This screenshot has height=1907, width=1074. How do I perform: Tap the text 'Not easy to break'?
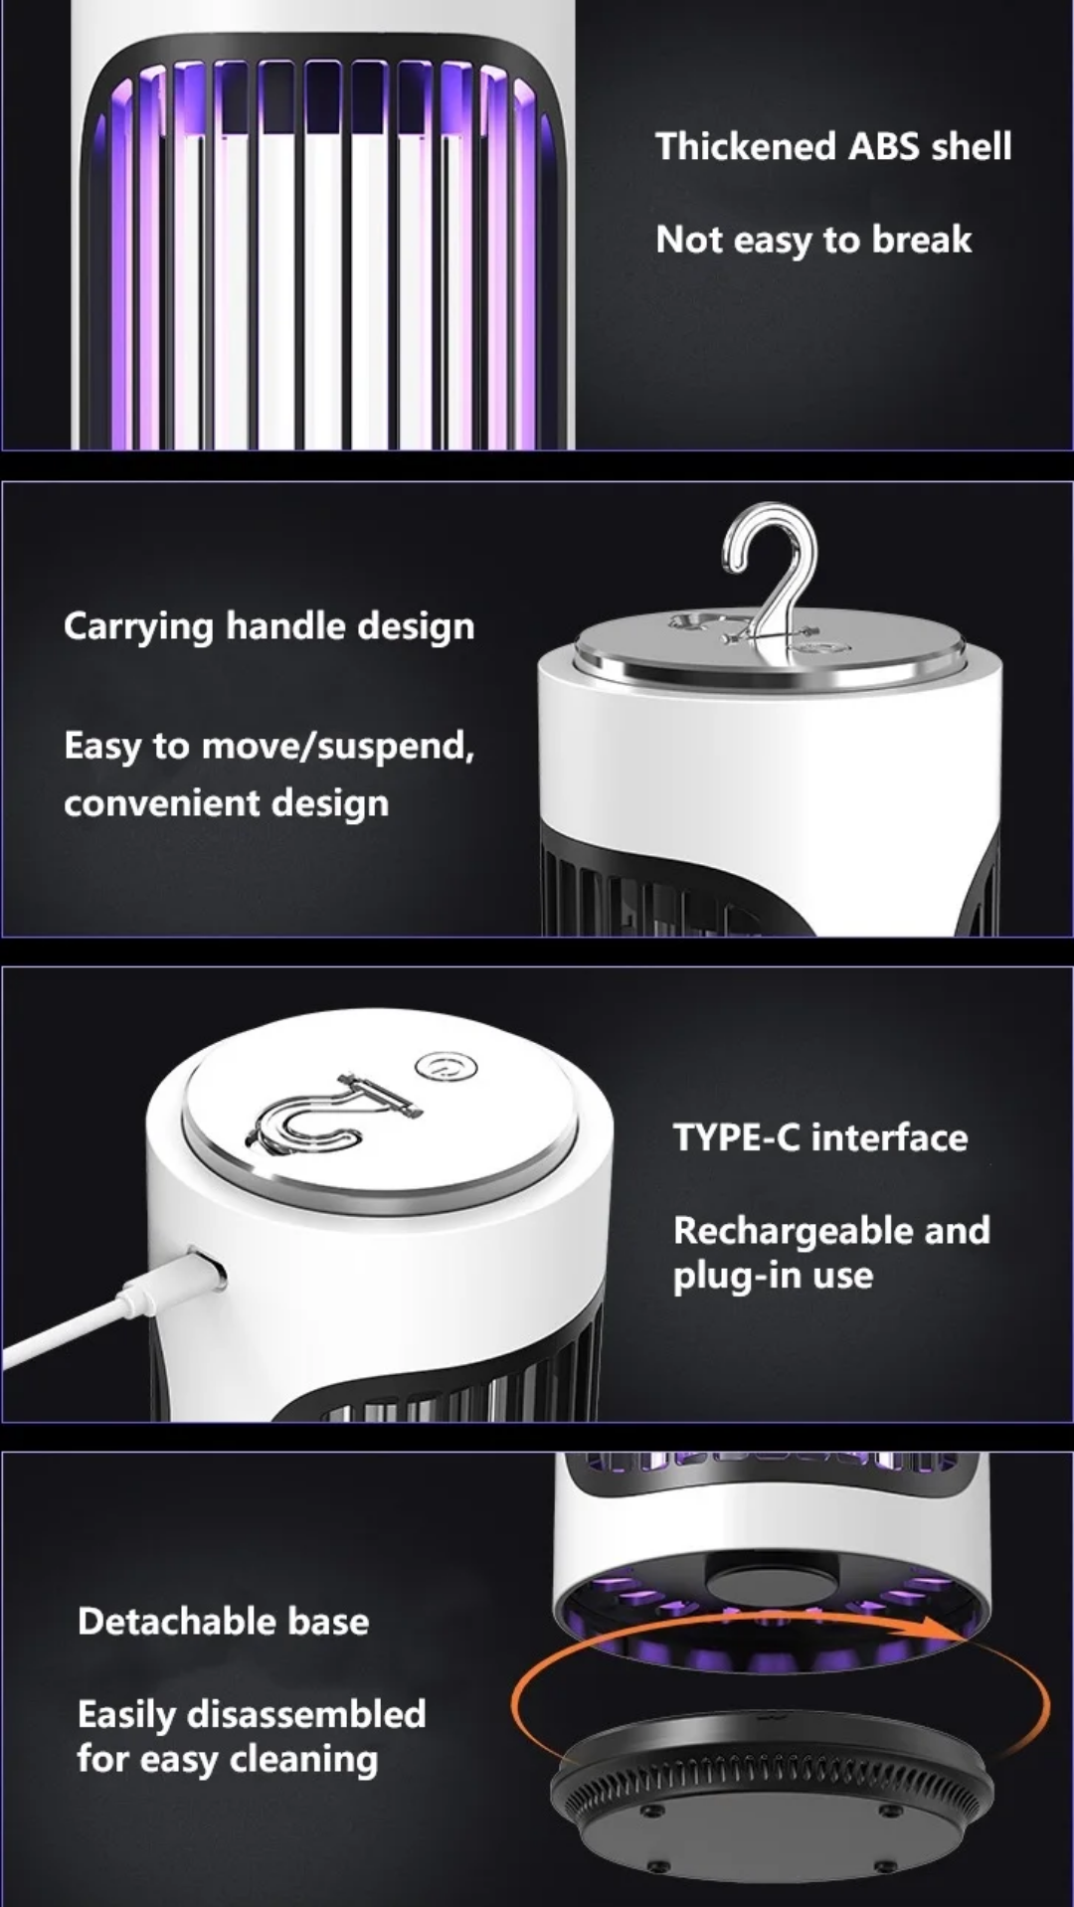click(x=813, y=241)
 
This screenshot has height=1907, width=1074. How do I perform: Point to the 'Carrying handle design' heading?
click(x=269, y=627)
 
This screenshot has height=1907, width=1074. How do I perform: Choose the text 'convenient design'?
click(x=227, y=803)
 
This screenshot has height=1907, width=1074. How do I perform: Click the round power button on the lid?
click(x=446, y=1067)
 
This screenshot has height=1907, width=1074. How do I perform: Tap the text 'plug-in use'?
click(x=773, y=1276)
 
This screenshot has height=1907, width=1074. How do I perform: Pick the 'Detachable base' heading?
click(x=224, y=1622)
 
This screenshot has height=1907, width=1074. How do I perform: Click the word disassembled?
click(x=306, y=1714)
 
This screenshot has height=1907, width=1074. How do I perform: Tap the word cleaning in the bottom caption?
click(x=304, y=1760)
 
